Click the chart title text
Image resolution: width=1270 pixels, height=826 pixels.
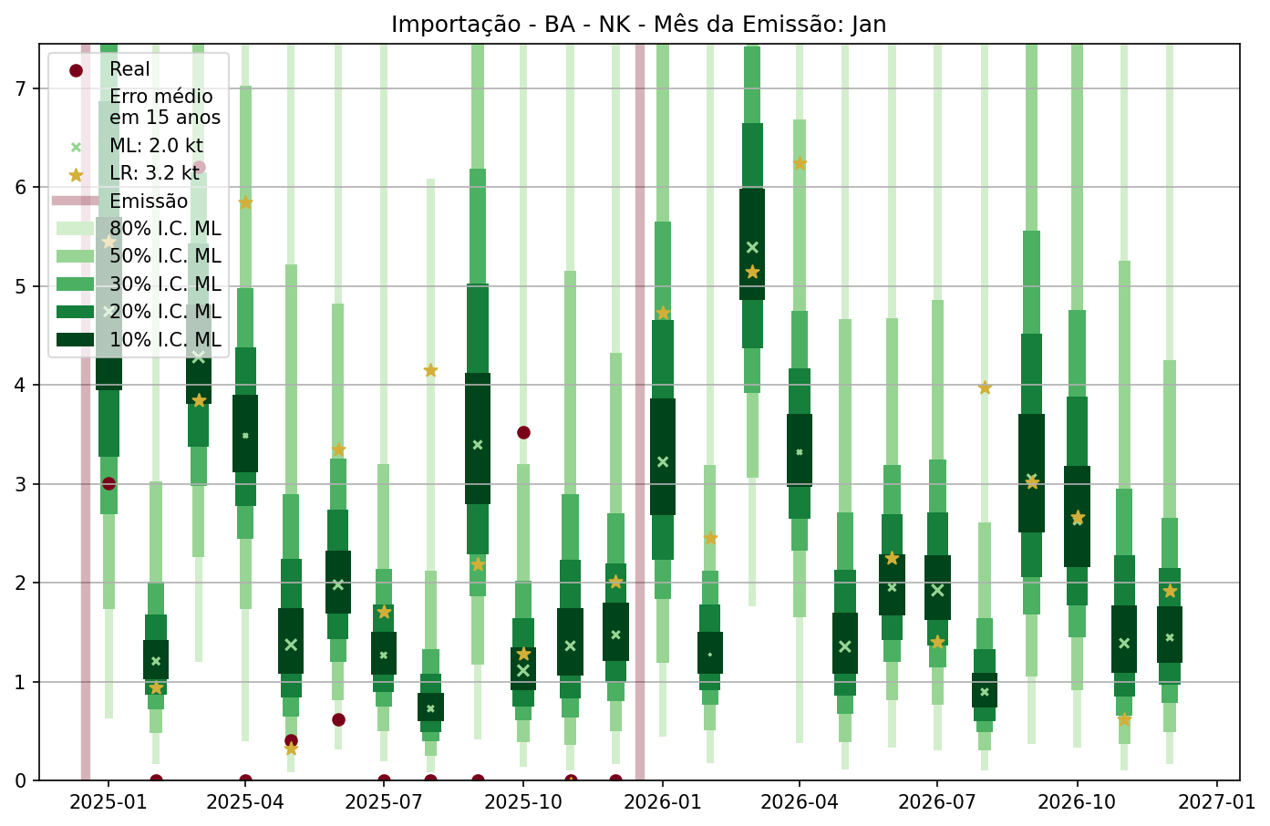638,24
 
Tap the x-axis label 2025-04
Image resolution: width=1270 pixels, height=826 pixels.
245,802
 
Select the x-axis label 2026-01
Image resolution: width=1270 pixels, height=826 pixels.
663,802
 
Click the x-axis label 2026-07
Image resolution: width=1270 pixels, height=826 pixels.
937,802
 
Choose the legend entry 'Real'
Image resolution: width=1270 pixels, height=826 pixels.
129,69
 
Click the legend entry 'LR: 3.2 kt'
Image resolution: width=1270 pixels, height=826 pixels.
154,173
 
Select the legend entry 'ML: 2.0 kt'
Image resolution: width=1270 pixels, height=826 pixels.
156,146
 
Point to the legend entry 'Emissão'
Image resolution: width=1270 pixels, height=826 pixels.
149,201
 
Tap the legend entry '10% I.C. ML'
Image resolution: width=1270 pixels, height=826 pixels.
165,340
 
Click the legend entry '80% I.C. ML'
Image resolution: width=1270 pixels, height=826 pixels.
165,229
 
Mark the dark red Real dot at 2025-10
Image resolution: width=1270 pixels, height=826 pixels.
523,432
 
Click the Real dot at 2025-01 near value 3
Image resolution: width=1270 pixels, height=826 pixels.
108,483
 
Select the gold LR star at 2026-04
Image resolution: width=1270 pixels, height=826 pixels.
800,163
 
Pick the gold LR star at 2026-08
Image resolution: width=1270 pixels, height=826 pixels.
985,387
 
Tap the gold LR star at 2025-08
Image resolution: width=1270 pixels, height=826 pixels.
430,370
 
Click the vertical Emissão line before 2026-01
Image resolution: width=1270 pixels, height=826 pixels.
640,410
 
